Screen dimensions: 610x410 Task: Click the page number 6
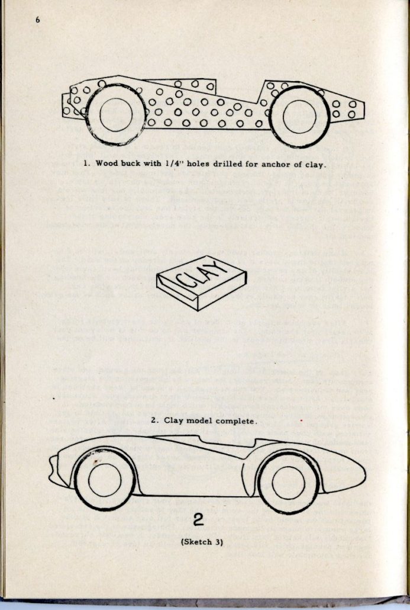tap(37, 20)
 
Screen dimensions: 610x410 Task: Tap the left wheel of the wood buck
tap(115, 115)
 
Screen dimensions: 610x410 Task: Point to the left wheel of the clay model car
tap(105, 479)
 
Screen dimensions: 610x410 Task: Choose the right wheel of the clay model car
tap(289, 482)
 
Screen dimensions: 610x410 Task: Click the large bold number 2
tap(199, 521)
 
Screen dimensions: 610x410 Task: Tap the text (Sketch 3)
tap(202, 542)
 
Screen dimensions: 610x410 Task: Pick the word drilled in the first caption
tap(227, 163)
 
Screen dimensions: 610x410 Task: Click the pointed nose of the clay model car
tap(54, 468)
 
